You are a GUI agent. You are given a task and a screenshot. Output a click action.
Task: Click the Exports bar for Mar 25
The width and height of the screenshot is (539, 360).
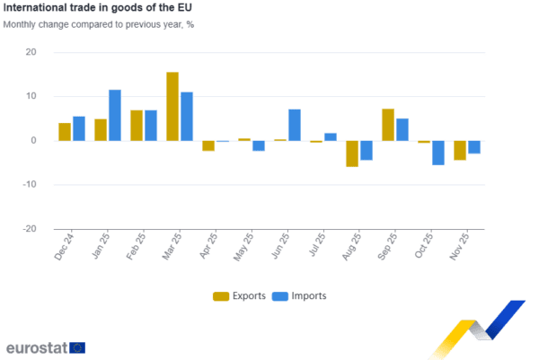172,106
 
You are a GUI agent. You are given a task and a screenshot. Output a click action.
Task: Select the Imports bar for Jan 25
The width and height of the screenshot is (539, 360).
115,115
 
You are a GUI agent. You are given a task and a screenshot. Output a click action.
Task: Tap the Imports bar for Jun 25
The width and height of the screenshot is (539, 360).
295,125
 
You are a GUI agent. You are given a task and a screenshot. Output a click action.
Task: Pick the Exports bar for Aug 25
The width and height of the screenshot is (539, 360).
352,154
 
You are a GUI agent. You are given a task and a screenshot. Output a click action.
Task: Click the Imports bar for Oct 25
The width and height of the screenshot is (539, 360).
438,153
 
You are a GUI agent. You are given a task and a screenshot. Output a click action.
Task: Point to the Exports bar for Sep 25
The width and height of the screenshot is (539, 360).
388,124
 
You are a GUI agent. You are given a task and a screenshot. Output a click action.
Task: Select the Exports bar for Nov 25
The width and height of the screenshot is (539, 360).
460,150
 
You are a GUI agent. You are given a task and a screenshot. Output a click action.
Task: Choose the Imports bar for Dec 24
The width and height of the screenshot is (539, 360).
79,127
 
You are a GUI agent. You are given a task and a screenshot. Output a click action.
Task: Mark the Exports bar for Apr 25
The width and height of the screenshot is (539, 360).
208,145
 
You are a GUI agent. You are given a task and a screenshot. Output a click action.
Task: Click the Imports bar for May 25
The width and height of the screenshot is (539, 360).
259,145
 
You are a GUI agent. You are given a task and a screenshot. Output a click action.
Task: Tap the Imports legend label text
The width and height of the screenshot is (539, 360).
309,296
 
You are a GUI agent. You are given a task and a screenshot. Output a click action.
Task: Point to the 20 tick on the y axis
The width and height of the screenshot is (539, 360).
32,52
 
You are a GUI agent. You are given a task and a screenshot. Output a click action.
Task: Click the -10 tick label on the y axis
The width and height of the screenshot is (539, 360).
31,185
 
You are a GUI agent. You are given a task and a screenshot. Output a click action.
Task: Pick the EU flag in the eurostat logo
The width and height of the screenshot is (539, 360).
78,347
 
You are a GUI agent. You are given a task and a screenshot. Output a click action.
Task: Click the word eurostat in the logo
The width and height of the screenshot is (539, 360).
36,347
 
